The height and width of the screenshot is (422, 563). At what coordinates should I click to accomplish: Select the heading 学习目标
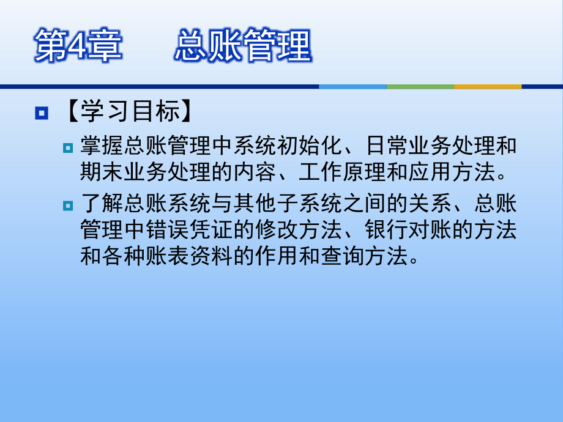(130, 113)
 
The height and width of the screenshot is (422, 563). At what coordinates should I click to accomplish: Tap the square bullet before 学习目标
(42, 113)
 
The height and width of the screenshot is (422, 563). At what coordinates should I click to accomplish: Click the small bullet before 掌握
(68, 147)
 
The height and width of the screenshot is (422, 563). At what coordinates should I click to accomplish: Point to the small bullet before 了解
(68, 206)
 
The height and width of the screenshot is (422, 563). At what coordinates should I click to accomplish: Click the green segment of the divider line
(420, 86)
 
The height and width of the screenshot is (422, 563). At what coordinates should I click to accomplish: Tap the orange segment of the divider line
(488, 86)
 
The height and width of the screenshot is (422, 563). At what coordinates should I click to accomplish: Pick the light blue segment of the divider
(352, 86)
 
